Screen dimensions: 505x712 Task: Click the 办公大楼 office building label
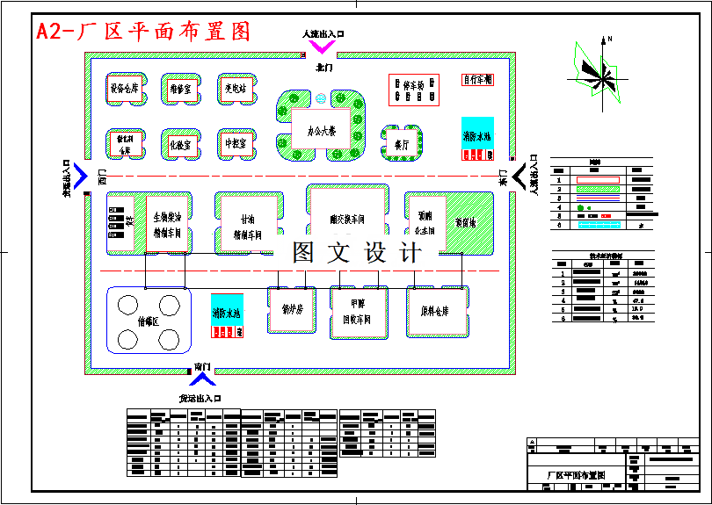click(322, 131)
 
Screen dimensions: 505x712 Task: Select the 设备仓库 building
click(124, 89)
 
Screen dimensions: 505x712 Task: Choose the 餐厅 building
click(401, 143)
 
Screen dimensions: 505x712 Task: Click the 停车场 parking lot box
click(414, 90)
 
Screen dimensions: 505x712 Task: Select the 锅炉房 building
click(292, 310)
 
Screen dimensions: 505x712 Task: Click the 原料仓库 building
click(437, 310)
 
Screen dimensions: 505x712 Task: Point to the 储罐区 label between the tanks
click(149, 321)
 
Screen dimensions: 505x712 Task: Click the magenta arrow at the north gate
click(322, 47)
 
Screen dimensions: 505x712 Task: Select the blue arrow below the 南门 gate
click(203, 379)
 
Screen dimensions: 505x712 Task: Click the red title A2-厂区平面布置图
click(143, 32)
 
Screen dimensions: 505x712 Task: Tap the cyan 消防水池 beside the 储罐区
click(227, 314)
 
